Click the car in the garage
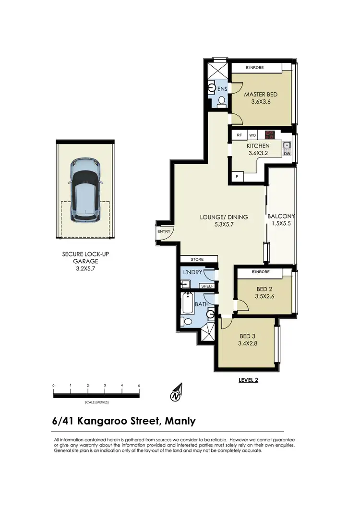[85, 190]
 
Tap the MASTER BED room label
[261, 94]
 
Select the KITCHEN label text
[258, 146]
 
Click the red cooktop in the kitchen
[270, 135]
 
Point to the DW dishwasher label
[287, 153]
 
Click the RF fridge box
[239, 135]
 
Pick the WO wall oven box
[252, 135]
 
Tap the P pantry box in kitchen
[237, 177]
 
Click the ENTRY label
[163, 232]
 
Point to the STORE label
[197, 259]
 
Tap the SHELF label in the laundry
[207, 286]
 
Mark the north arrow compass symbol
[176, 393]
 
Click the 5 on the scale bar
[139, 386]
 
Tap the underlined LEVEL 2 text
[248, 380]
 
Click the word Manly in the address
[180, 421]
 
